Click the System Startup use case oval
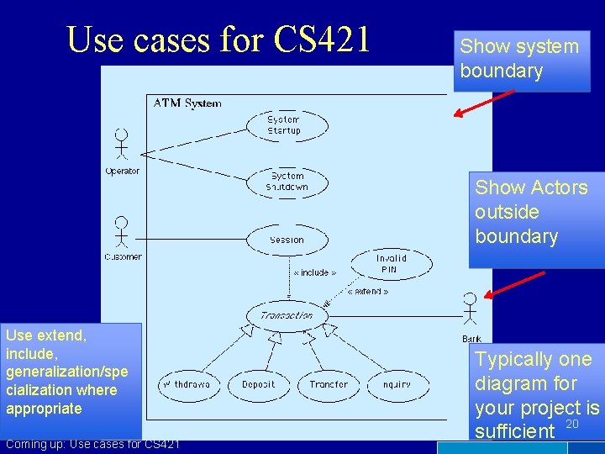point(284,124)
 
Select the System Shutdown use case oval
point(287,182)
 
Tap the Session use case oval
point(287,240)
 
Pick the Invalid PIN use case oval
point(391,264)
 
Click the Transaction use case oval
point(287,316)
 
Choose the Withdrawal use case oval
point(187,384)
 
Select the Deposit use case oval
point(258,384)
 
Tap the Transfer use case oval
point(328,384)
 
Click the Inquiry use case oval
point(397,384)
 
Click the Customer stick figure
point(122,231)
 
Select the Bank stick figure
point(471,309)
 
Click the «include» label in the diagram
point(314,272)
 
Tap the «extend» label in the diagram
point(368,292)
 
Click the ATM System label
point(187,103)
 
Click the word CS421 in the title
point(324,40)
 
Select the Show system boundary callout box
point(520,60)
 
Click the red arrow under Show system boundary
point(483,103)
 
